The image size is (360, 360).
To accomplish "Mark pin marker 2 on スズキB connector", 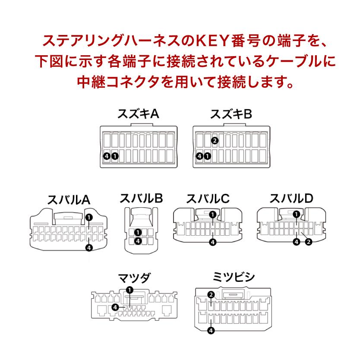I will click(x=215, y=141).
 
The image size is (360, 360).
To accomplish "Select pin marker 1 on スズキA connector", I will click(x=114, y=156).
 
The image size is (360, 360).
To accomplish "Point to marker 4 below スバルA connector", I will click(x=88, y=247).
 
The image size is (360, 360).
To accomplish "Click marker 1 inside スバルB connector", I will click(x=138, y=233).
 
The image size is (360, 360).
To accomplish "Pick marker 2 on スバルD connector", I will click(x=308, y=242).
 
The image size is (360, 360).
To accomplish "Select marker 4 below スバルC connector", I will click(x=213, y=242).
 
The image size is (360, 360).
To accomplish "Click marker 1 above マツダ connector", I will click(x=129, y=290).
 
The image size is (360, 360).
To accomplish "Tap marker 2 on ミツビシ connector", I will click(x=211, y=295).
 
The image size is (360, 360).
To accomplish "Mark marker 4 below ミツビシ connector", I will click(x=211, y=331).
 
